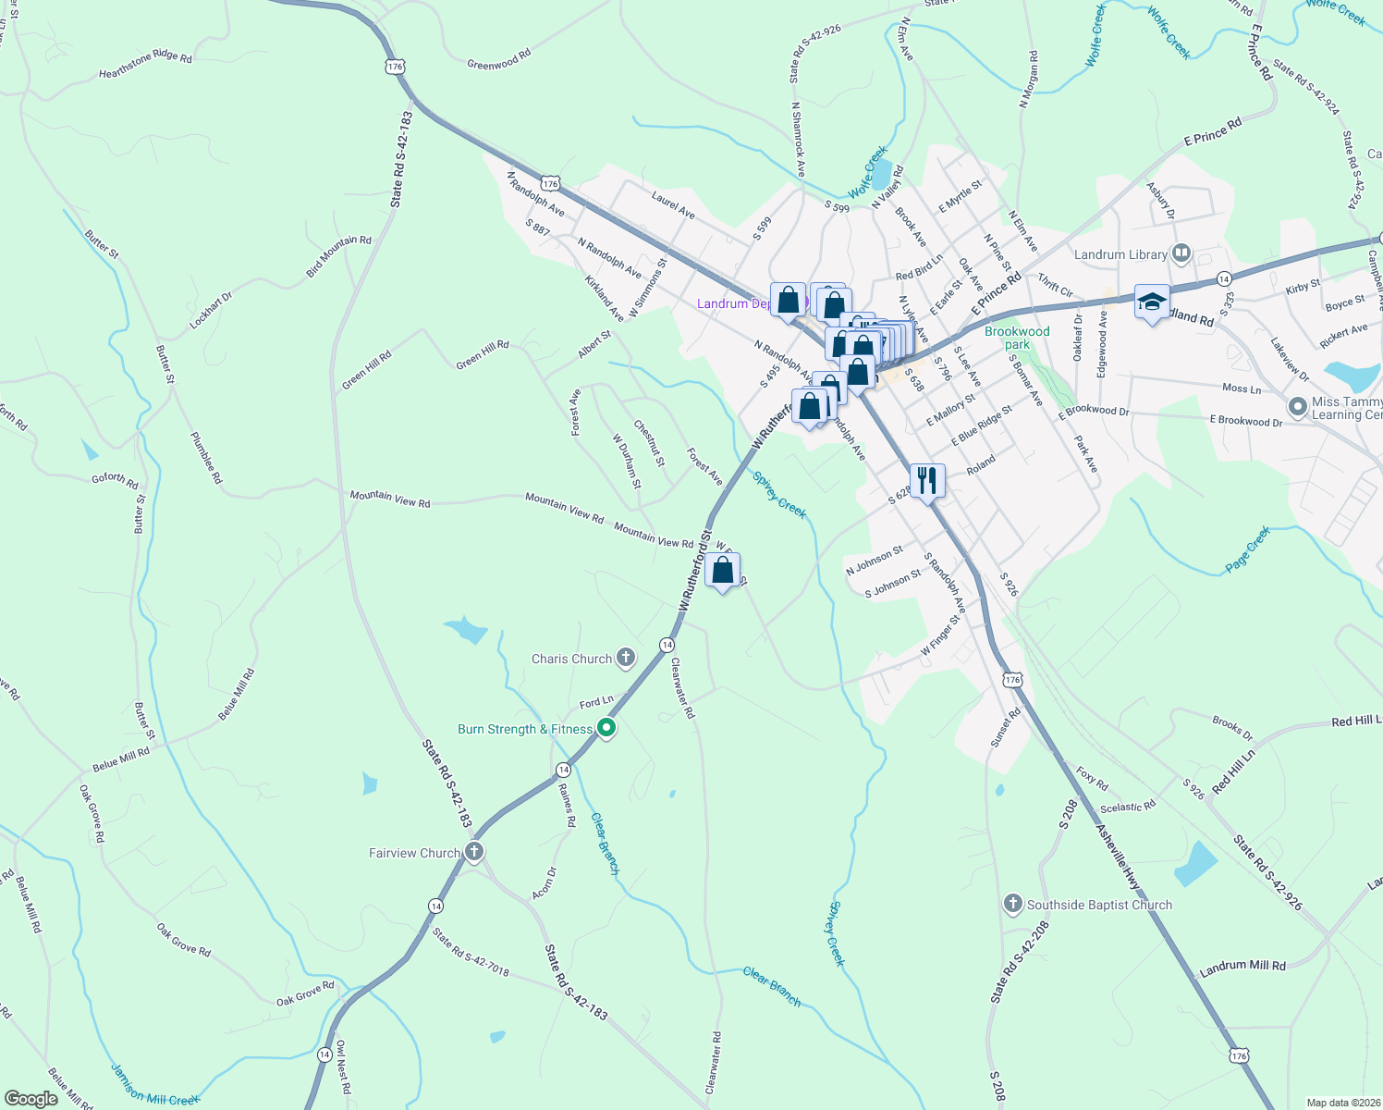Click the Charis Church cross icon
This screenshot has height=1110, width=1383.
[626, 659]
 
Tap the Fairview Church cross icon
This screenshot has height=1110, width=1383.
[474, 852]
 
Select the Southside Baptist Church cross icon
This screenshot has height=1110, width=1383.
[1012, 904]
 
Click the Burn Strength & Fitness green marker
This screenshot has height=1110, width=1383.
[606, 729]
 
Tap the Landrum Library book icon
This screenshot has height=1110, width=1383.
[1181, 253]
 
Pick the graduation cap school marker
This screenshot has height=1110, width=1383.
[1152, 302]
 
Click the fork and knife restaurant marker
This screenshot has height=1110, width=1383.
[927, 481]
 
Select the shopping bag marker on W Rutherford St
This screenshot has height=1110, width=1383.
[722, 571]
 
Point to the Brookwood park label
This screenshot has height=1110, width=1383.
[1017, 338]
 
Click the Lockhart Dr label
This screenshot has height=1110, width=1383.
[211, 312]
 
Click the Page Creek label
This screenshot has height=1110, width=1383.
[1248, 549]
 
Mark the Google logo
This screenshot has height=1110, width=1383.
[31, 1098]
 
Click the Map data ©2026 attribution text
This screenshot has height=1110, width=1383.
[1342, 1103]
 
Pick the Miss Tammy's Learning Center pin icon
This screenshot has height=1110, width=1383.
[1297, 406]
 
